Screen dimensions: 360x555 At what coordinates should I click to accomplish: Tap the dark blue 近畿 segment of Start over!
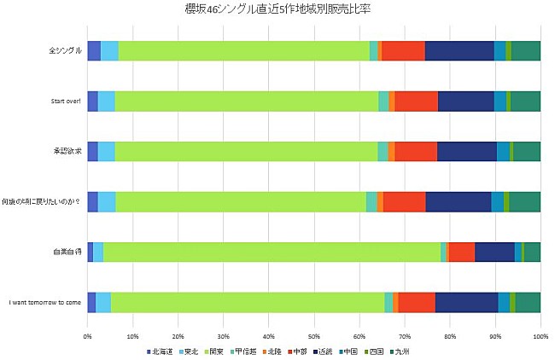(x=465, y=102)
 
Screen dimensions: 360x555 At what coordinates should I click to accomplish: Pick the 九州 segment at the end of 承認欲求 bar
(x=526, y=151)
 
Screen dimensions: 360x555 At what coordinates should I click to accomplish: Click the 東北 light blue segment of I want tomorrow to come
(x=102, y=302)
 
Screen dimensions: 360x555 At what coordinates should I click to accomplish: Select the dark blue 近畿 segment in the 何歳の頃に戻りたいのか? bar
(x=458, y=201)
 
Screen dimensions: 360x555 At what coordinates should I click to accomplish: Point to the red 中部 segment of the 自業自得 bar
(x=461, y=252)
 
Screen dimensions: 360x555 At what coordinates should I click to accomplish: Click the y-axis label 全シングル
(x=65, y=51)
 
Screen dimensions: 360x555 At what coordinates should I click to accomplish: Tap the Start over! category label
(x=62, y=102)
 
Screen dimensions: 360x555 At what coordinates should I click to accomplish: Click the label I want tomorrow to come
(x=44, y=302)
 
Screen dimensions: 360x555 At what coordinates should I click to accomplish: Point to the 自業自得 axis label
(x=67, y=252)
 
